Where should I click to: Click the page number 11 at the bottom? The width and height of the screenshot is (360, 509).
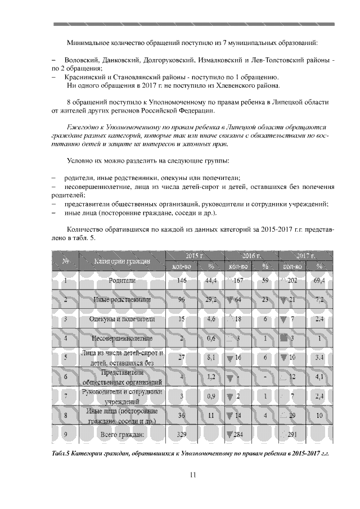[192, 475]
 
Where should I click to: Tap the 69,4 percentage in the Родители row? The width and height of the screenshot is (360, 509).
[319, 280]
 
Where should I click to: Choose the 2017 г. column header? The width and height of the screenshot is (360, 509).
[305, 255]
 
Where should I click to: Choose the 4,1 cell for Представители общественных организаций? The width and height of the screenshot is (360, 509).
[319, 376]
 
